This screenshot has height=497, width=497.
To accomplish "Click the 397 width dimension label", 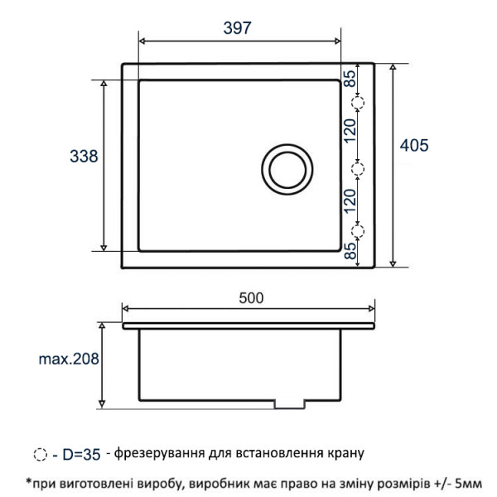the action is [x=237, y=28].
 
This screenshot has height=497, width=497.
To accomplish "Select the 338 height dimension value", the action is [x=84, y=157].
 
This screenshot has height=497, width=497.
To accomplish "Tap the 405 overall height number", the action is [x=414, y=146].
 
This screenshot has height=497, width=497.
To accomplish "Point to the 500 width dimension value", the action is [x=251, y=298].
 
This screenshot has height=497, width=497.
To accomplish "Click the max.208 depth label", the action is [x=69, y=359].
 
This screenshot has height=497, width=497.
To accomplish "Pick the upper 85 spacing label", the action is [x=350, y=79].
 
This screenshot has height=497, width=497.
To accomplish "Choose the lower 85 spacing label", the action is [x=350, y=251].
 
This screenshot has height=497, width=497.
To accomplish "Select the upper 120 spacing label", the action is [x=350, y=131].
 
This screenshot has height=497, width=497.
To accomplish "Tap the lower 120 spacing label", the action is [x=350, y=201].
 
